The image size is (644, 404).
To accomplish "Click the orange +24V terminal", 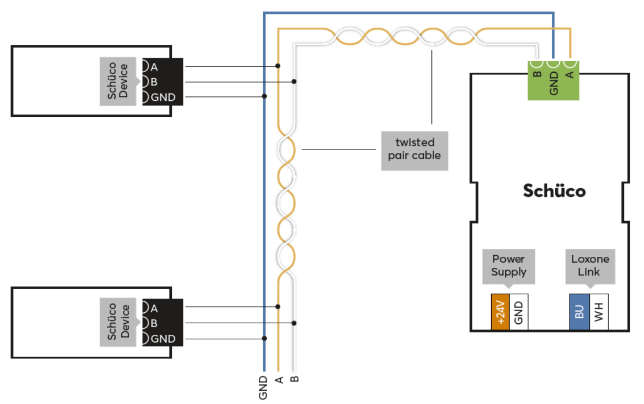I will coord(500,312).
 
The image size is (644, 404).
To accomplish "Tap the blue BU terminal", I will coord(579,312).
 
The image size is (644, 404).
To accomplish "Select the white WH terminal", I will coord(599,312).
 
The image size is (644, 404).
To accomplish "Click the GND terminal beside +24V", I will coord(519,312).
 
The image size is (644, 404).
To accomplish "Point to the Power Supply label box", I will coord(509,265).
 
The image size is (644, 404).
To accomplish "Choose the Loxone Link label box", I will coord(589,265).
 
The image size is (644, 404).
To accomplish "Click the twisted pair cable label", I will coord(414,149).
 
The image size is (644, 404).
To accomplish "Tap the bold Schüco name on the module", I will coord(554,190).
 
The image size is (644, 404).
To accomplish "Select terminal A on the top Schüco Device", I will coord(154,66).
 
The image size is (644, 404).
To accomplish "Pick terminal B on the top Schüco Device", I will coord(154,82).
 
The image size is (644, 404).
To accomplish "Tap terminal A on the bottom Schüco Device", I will coord(154,308).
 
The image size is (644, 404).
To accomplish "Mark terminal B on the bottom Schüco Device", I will coord(154,323).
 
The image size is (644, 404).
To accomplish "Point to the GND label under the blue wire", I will coord(263,387).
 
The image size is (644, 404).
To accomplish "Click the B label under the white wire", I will coord(295,379).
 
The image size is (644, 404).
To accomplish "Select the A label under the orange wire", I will coord(279,379).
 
